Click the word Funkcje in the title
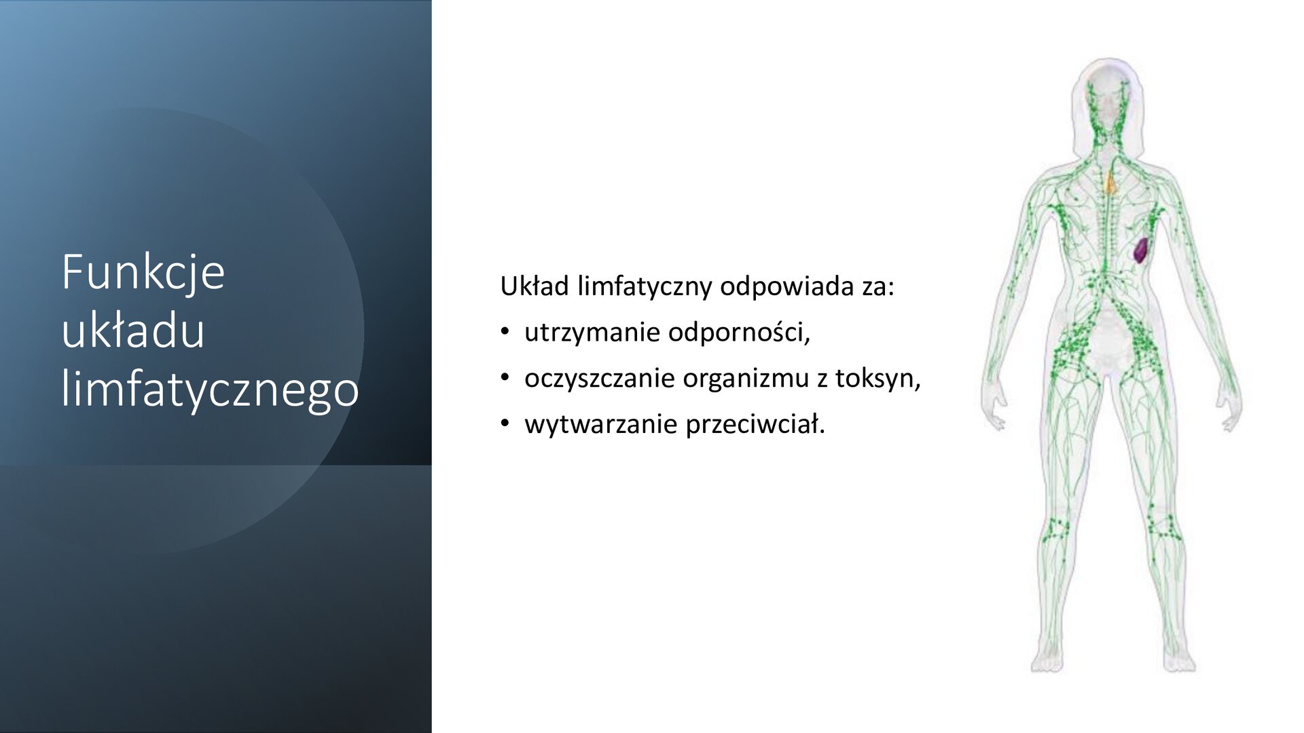point(143,273)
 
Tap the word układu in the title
point(133,333)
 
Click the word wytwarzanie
point(600,425)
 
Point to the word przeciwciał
point(755,425)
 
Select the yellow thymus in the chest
point(1110,182)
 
